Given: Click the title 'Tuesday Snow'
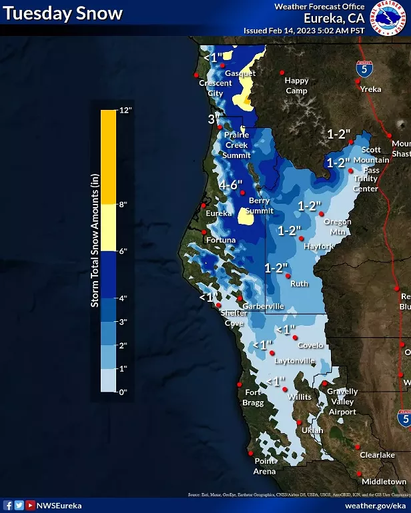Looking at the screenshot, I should pos(63,13).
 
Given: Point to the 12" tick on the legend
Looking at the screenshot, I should pos(126,111).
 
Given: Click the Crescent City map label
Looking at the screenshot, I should pos(215,88).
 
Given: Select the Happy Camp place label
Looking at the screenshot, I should pos(297,85).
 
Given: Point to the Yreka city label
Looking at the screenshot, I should pos(370,89).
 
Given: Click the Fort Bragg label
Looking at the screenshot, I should pos(252,397).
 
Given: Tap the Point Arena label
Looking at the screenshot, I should pos(265,466).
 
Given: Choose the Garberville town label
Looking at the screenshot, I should pos(263,306).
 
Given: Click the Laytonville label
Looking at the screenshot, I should pos(295,360).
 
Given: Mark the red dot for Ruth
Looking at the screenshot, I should pos(288,276).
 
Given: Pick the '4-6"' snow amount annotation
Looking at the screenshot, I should pos(230,185).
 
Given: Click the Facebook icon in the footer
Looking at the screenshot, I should pos(8,506).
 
